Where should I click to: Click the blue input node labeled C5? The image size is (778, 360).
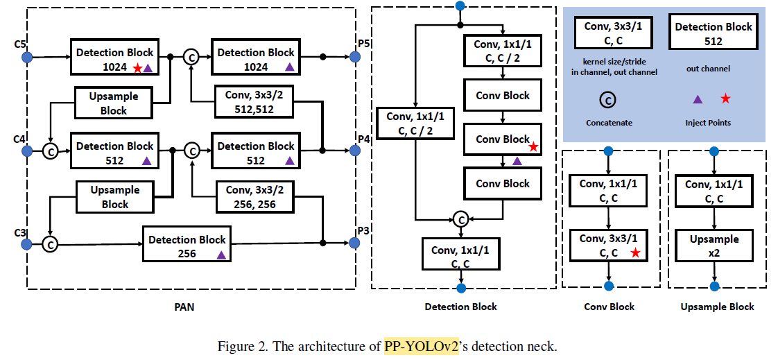27,55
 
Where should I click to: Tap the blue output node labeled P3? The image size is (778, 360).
355,243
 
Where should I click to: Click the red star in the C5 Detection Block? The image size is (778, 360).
137,67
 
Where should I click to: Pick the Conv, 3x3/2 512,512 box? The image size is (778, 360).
255,101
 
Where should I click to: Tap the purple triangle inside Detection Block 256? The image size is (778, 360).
221,255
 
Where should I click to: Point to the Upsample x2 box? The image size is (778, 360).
714,246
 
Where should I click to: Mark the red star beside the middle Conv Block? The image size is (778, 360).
533,147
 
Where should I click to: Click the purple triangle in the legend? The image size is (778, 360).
698,99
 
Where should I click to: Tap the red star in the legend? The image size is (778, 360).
725,98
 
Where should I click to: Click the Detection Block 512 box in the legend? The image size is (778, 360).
714,33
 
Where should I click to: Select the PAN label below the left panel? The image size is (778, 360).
183,307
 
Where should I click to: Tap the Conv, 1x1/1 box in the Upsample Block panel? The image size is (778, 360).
714,191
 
